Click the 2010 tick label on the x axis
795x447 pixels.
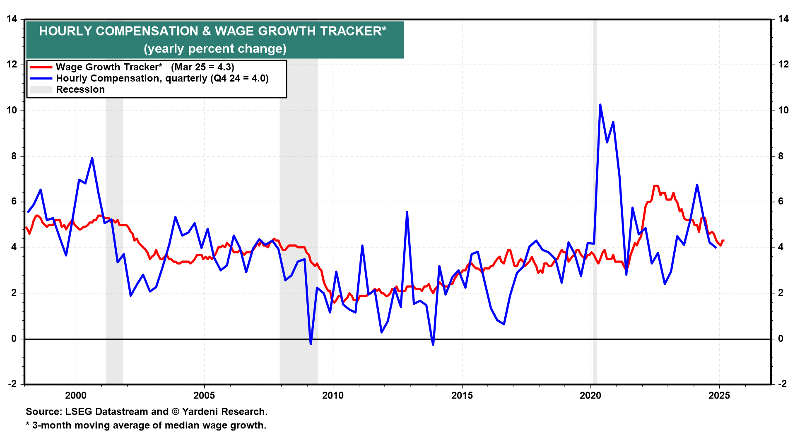click(333, 395)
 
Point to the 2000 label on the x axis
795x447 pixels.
click(76, 395)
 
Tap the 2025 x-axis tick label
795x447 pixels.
click(719, 395)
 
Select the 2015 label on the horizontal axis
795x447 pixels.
click(462, 395)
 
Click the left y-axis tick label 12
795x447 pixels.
click(12, 65)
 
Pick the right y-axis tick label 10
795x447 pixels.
click(783, 110)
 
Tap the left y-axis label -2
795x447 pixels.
click(12, 384)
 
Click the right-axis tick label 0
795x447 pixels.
click(781, 339)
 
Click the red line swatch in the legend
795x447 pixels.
click(41, 67)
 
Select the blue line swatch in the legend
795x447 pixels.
click(41, 78)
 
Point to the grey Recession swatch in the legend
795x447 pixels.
click(41, 89)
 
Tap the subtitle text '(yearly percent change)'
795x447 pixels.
click(215, 49)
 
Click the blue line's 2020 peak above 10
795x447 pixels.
click(600, 105)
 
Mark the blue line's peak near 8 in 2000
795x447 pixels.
click(92, 158)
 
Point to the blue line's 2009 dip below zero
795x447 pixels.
click(311, 344)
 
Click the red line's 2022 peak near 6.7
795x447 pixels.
click(655, 186)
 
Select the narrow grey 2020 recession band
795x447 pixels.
click(595, 207)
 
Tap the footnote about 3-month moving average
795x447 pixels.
click(146, 425)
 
